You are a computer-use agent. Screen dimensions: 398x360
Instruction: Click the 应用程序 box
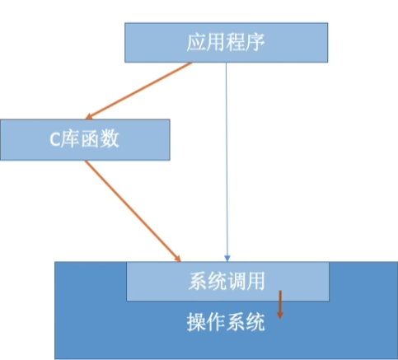(227, 43)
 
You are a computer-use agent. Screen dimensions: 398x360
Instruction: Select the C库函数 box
(85, 140)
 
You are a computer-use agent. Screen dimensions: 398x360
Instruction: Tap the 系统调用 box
(227, 282)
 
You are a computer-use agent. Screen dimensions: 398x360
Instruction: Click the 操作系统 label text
(226, 322)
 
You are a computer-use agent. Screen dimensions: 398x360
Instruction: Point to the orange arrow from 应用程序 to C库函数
(138, 91)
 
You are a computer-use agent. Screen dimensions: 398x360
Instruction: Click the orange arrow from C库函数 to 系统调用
(133, 211)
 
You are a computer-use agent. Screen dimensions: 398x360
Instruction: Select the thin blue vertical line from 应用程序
(227, 162)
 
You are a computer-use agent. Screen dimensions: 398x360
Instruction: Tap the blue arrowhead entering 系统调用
(227, 259)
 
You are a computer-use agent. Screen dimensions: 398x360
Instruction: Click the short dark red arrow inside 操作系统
(280, 305)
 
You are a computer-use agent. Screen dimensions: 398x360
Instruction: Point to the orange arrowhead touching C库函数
(89, 116)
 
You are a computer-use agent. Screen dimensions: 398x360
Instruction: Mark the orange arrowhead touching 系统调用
(177, 259)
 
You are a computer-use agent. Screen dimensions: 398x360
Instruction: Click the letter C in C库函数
(54, 139)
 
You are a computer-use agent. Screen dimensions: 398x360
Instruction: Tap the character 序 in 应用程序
(255, 42)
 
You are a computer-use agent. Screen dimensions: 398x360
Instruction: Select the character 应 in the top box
(196, 42)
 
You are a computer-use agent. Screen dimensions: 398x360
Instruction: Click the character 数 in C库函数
(110, 139)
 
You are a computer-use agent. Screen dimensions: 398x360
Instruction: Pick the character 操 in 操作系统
(197, 322)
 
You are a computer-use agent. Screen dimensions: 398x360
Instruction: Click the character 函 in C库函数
(90, 139)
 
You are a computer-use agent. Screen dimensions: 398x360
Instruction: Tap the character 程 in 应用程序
(236, 42)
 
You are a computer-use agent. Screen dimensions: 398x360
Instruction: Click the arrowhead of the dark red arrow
(280, 316)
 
